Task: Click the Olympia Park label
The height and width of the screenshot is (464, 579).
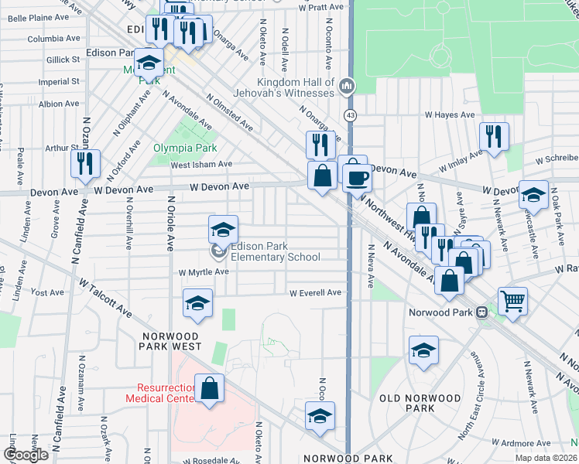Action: point(184,147)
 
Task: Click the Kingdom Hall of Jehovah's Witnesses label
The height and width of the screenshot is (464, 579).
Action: point(296,87)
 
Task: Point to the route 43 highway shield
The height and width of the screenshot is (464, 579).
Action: point(351,115)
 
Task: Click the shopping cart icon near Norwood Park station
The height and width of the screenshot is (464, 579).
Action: point(512,300)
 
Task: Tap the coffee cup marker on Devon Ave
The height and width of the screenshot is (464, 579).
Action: point(357,179)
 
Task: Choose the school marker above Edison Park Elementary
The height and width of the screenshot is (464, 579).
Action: point(223,229)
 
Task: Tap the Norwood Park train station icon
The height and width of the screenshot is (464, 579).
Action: point(481,312)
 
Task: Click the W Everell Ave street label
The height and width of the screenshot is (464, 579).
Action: point(315,292)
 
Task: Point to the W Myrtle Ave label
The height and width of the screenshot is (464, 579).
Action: point(204,272)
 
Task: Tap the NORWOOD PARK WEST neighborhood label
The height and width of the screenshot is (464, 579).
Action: point(172,341)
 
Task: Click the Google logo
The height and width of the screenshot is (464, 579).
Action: point(26,455)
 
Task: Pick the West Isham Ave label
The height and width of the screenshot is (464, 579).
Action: point(201,164)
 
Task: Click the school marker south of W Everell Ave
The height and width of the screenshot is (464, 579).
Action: point(198,303)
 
